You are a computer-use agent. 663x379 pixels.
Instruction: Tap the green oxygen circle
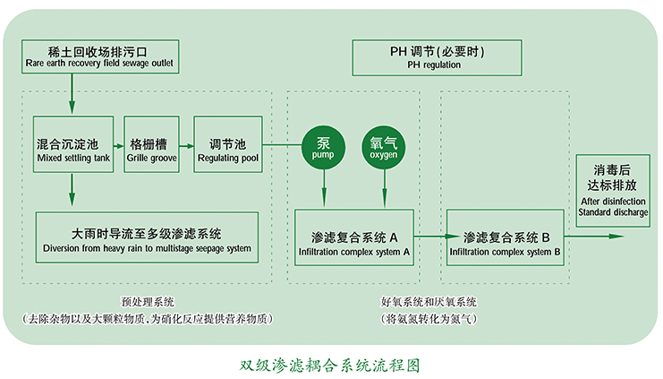coord(384,146)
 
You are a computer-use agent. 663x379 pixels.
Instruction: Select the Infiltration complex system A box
coord(354,236)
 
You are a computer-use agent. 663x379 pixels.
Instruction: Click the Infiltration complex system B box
coord(506,236)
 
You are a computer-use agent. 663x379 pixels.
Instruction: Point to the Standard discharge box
coord(613,193)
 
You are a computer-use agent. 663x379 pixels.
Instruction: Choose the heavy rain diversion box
coord(147,236)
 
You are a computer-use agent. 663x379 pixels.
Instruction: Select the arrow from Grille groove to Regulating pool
coord(188,145)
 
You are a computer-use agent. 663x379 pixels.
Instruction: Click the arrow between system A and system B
coord(430,236)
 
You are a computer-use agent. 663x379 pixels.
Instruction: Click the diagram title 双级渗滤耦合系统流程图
coord(330,365)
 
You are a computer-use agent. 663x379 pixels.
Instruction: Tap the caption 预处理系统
coord(147,302)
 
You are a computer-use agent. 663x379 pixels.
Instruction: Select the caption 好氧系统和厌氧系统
coord(429,302)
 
